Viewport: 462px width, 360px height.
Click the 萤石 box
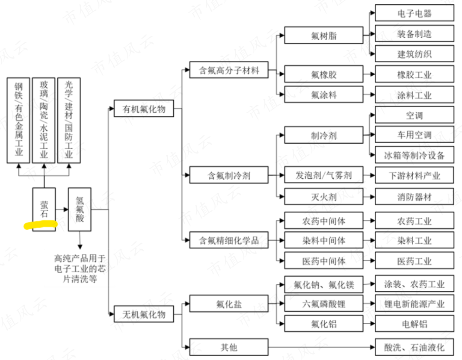(x=44, y=209)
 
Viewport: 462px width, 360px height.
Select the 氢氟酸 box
(x=80, y=209)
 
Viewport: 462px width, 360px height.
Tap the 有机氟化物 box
(x=144, y=109)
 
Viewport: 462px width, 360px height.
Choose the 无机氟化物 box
(x=144, y=314)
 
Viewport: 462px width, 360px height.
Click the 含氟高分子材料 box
(x=229, y=70)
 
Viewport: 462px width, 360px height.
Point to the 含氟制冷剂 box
(x=229, y=175)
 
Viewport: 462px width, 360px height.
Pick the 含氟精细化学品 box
(x=229, y=240)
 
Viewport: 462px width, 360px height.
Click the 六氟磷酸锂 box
(x=324, y=304)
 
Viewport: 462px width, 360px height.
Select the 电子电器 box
(x=414, y=13)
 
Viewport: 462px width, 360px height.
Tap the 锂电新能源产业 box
(x=414, y=304)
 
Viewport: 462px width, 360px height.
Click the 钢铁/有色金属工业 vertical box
(x=18, y=120)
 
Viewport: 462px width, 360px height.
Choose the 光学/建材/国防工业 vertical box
(x=69, y=120)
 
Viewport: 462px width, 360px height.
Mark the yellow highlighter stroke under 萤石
(x=40, y=225)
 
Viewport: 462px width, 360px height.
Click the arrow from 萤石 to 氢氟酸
(x=62, y=210)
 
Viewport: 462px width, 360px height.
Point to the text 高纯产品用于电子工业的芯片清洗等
(x=80, y=269)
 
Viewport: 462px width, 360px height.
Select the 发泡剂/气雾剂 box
(x=324, y=175)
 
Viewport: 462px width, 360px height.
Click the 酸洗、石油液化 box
(x=414, y=347)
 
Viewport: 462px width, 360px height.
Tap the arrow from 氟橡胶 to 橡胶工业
(x=369, y=74)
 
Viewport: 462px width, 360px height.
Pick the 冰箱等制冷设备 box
(x=414, y=155)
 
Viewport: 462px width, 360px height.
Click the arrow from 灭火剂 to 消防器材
(x=369, y=197)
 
